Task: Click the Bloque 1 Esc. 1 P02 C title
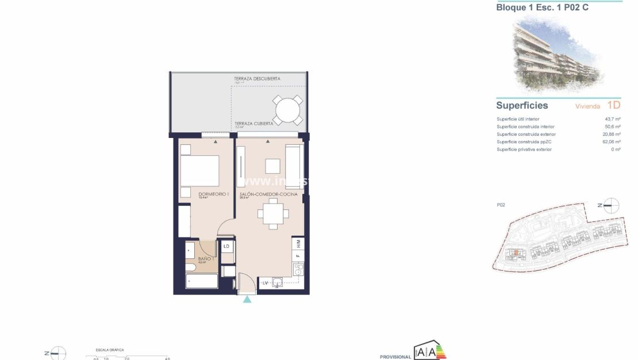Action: pyautogui.click(x=542, y=7)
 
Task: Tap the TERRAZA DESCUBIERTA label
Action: pyautogui.click(x=257, y=78)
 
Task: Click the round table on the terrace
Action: pyautogui.click(x=287, y=109)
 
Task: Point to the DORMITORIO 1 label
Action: pyautogui.click(x=213, y=194)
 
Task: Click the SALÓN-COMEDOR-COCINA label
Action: pyautogui.click(x=268, y=194)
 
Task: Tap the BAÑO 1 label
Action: pyautogui.click(x=206, y=259)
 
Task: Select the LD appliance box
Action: pyautogui.click(x=226, y=246)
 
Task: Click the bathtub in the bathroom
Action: pyautogui.click(x=202, y=281)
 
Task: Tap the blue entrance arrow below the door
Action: pyautogui.click(x=247, y=300)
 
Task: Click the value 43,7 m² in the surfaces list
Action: pyautogui.click(x=613, y=119)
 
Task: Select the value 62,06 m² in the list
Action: pyautogui.click(x=611, y=141)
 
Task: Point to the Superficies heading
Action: pyautogui.click(x=522, y=106)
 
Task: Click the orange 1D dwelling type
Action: pyautogui.click(x=613, y=106)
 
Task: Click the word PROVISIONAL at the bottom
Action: pyautogui.click(x=395, y=357)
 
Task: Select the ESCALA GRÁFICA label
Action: pyautogui.click(x=109, y=350)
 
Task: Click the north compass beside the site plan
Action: pyautogui.click(x=611, y=205)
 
